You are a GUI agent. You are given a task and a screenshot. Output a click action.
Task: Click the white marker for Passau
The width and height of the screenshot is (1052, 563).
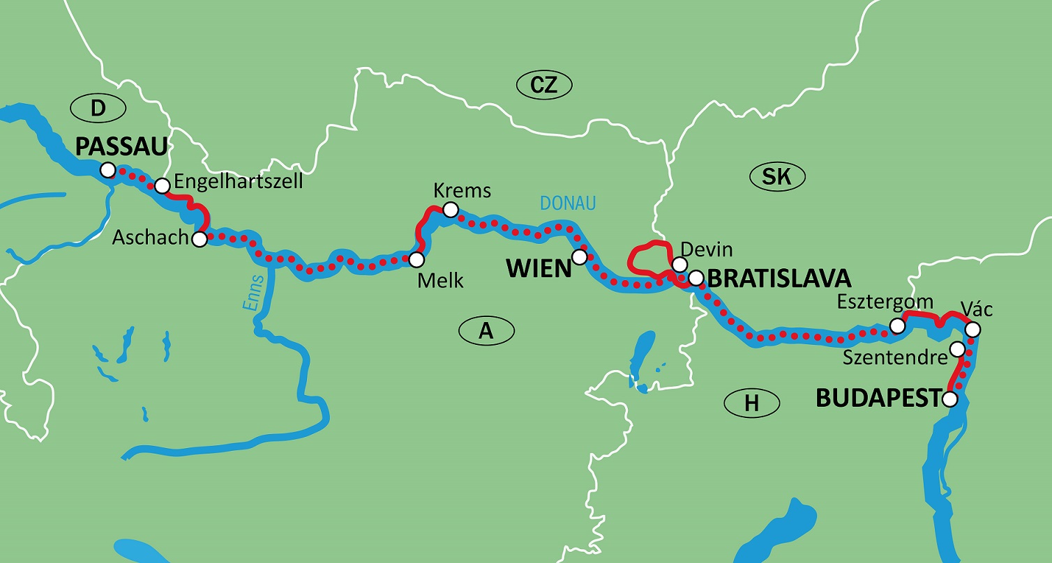click(107, 170)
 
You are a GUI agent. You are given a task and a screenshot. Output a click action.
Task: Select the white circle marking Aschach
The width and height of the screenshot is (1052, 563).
click(200, 240)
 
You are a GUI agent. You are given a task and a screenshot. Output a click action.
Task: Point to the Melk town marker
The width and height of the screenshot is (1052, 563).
click(416, 260)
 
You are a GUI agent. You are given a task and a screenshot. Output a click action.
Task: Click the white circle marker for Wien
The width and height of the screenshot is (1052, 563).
click(579, 257)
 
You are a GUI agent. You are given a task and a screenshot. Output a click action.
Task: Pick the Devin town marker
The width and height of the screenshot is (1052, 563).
click(678, 264)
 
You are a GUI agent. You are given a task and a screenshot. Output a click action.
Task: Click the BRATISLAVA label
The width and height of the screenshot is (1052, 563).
click(779, 279)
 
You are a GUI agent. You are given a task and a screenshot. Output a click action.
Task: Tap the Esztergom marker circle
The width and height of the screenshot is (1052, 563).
click(899, 325)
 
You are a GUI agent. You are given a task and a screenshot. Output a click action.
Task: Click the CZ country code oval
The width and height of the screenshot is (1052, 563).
click(544, 85)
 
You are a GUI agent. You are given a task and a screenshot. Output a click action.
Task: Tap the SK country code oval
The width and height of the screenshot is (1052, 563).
click(777, 176)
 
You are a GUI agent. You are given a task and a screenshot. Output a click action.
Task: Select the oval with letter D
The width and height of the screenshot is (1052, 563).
click(98, 108)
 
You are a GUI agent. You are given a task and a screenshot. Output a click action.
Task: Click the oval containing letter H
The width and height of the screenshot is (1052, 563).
click(752, 402)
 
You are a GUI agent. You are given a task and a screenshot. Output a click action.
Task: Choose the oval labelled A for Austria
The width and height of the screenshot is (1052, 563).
click(486, 331)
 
